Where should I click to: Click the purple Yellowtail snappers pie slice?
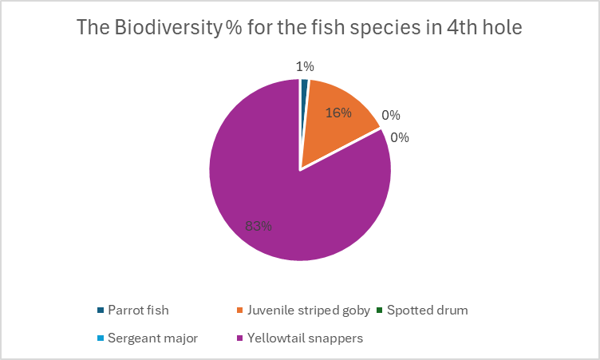(271, 192)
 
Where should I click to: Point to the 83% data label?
(259, 226)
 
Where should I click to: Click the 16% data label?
(338, 113)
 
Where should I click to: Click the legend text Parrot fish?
(138, 310)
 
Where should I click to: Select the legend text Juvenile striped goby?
(306, 310)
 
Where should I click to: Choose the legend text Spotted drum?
(427, 310)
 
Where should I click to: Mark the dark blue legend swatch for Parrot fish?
(101, 310)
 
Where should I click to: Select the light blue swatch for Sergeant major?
(101, 338)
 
